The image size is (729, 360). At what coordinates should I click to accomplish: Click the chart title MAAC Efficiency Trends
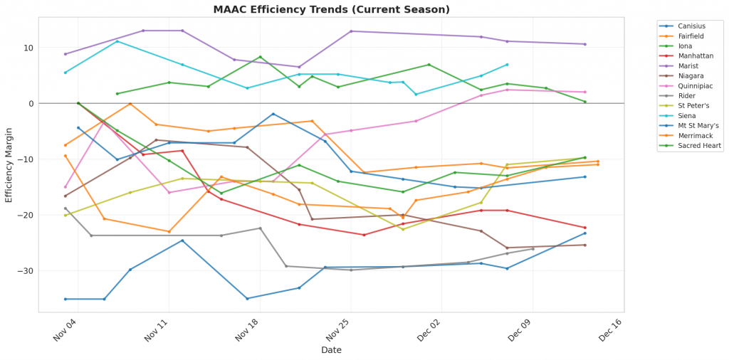tap(331, 10)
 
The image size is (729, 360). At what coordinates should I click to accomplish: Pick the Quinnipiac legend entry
tap(692, 83)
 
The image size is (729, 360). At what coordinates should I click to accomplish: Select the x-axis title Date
tap(331, 351)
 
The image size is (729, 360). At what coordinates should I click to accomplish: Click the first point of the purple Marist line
tap(65, 54)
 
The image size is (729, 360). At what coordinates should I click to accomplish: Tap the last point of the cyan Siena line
tap(507, 65)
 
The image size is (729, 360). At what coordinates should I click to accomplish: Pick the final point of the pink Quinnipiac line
tap(585, 92)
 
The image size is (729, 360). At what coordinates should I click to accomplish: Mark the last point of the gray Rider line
tap(533, 249)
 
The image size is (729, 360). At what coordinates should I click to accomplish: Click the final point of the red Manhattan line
tap(585, 228)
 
